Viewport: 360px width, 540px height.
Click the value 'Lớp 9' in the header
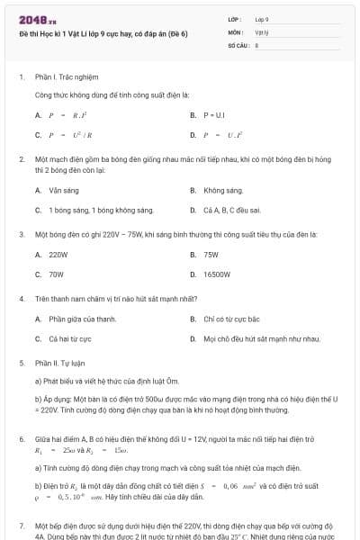262,19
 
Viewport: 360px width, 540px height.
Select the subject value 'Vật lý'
261,31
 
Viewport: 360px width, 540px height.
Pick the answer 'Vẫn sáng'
64,191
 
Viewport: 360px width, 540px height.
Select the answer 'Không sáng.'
223,191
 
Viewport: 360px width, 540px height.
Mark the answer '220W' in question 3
58,255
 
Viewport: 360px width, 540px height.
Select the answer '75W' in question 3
211,255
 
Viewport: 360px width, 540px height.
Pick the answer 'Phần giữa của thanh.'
83,319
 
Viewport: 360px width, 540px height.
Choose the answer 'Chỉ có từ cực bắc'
231,319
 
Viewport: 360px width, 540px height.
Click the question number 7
22,524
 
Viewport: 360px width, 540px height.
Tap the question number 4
22,298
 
